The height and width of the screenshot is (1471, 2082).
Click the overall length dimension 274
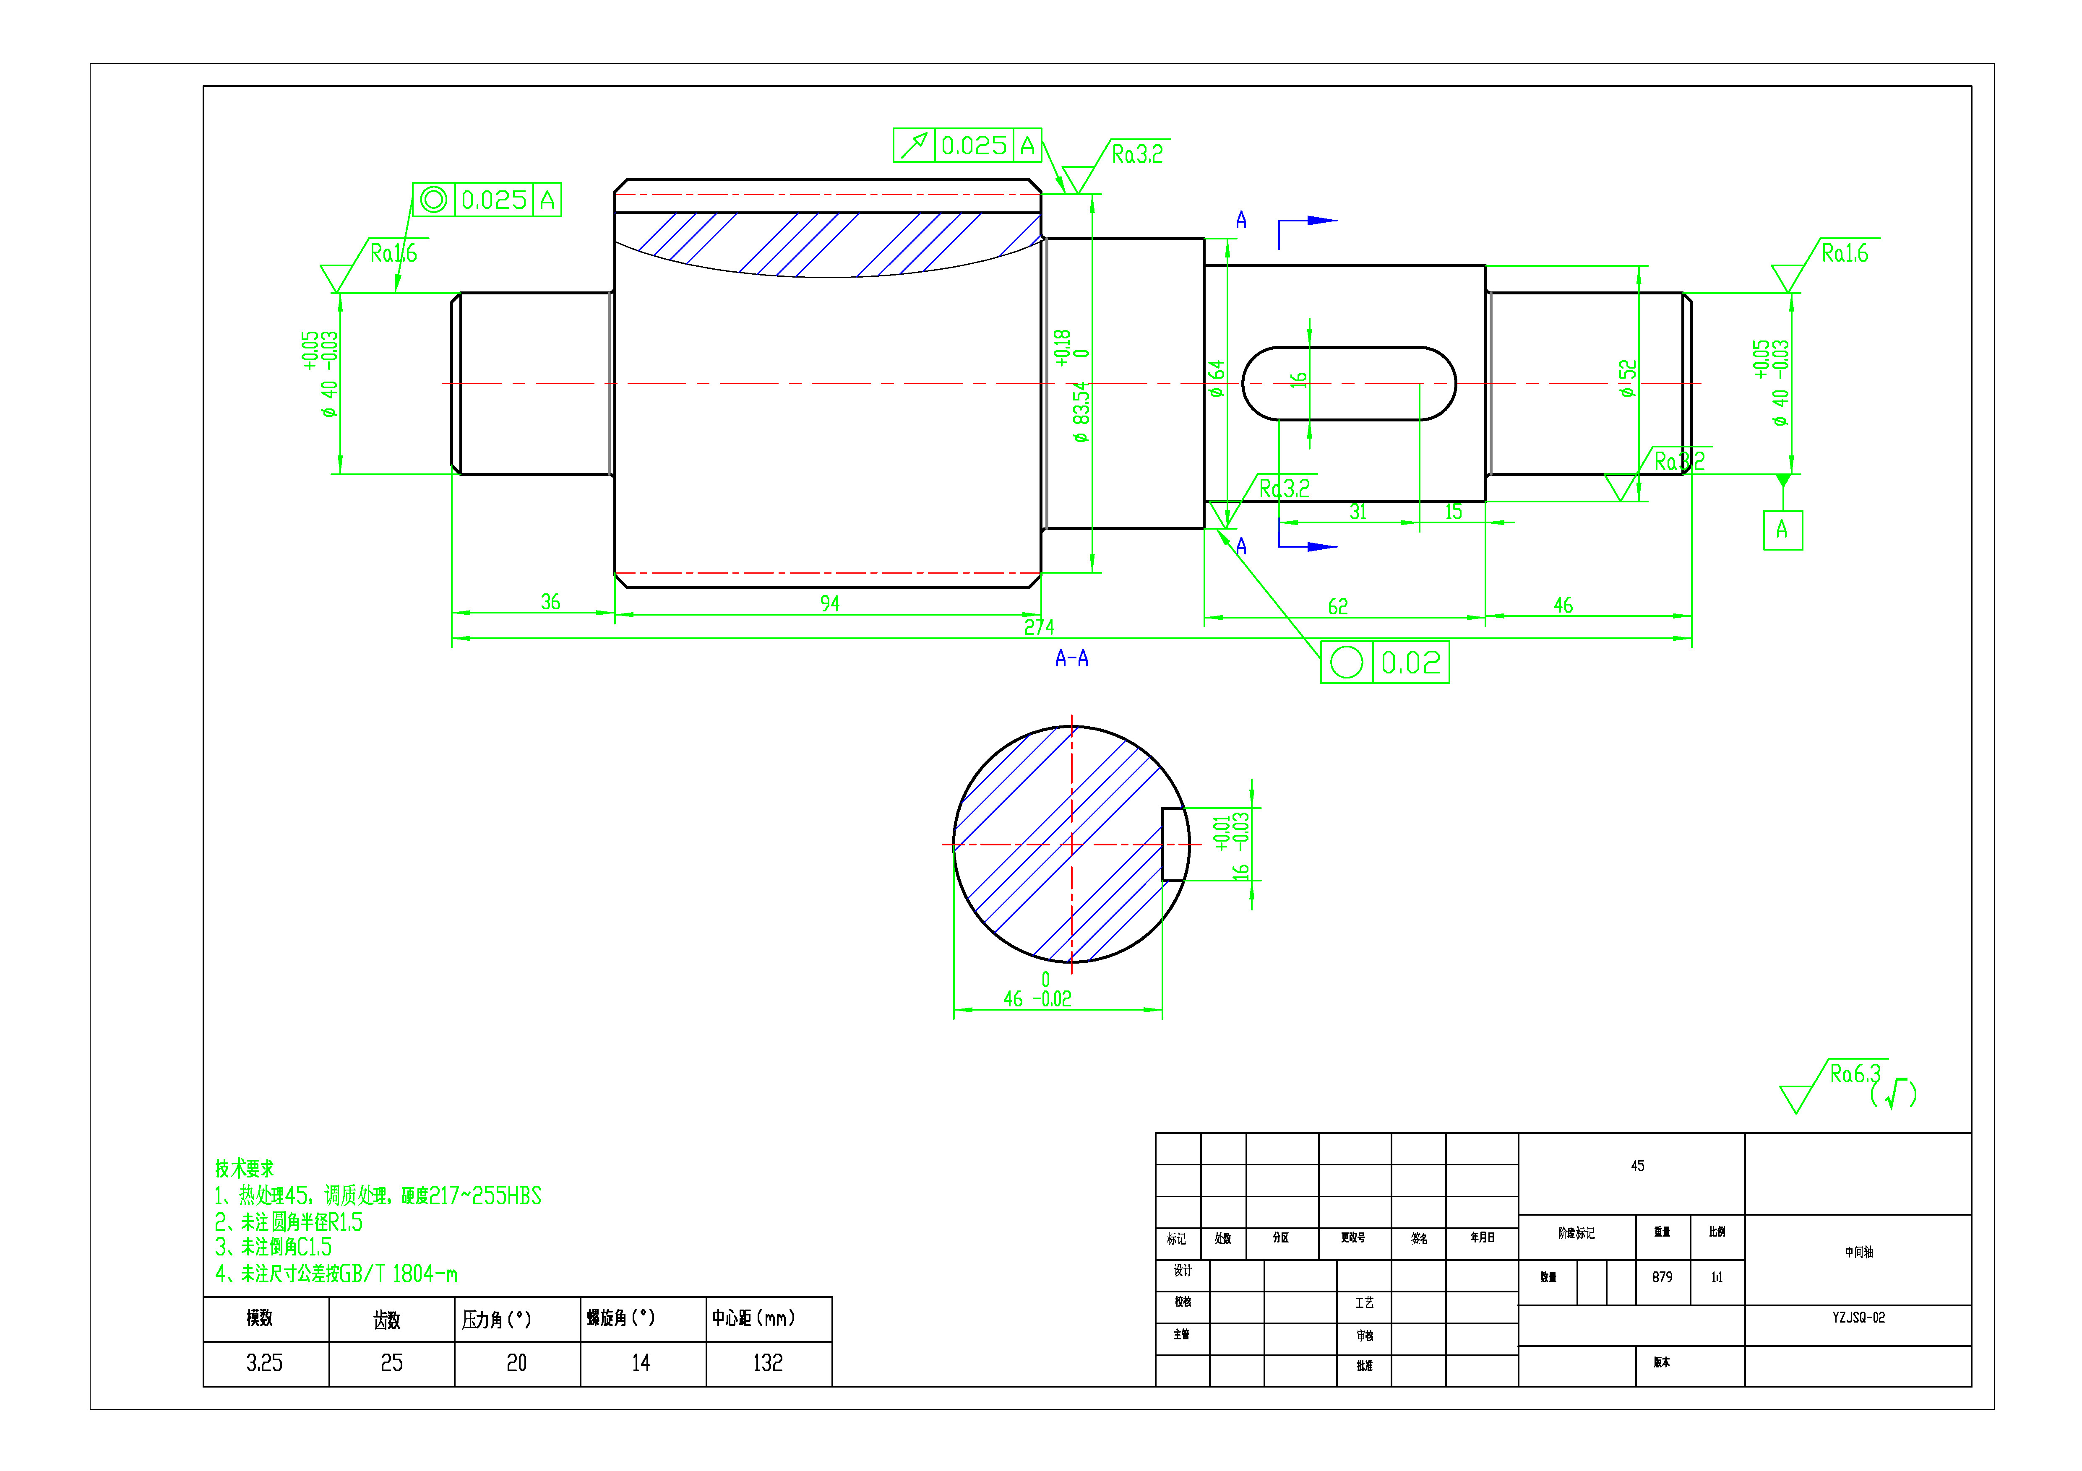click(x=1039, y=626)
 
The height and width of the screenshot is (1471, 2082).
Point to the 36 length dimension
click(x=550, y=602)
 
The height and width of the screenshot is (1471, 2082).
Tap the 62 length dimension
click(x=1337, y=606)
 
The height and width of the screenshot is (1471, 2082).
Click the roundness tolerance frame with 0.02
click(x=1385, y=663)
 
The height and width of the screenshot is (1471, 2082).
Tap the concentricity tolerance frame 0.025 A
click(x=487, y=200)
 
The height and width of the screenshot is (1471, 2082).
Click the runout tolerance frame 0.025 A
click(x=967, y=145)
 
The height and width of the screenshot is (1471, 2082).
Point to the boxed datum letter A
click(x=1782, y=530)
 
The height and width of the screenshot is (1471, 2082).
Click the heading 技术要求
click(x=244, y=1168)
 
